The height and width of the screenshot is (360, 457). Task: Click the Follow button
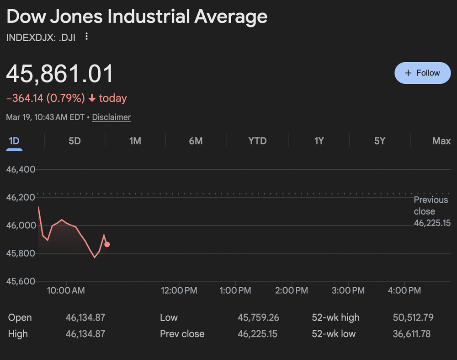pyautogui.click(x=422, y=73)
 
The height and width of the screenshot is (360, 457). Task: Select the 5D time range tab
pyautogui.click(x=74, y=141)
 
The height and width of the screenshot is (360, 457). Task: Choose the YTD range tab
pyautogui.click(x=257, y=141)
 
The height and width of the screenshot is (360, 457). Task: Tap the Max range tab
pyautogui.click(x=441, y=141)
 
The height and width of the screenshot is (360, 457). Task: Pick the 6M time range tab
pyautogui.click(x=196, y=141)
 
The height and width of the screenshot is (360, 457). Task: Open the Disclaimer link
pyautogui.click(x=112, y=117)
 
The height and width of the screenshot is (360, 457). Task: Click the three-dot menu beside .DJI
pyautogui.click(x=87, y=37)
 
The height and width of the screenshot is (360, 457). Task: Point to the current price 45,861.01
pyautogui.click(x=59, y=74)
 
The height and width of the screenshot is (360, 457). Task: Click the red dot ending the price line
pyautogui.click(x=107, y=244)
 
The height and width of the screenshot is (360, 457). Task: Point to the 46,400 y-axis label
pyautogui.click(x=21, y=170)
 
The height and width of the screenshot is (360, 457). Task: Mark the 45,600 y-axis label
pyautogui.click(x=21, y=281)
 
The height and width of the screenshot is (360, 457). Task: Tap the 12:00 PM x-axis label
pyautogui.click(x=179, y=290)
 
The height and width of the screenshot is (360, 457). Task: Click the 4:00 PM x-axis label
pyautogui.click(x=404, y=290)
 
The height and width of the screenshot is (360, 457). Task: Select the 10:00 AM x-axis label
pyautogui.click(x=66, y=290)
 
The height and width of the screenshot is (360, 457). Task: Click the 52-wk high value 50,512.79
pyautogui.click(x=413, y=317)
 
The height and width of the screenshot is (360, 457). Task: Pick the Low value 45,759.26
pyautogui.click(x=258, y=317)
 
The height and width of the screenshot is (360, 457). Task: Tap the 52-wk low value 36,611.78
pyautogui.click(x=412, y=334)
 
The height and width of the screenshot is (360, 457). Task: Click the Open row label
pyautogui.click(x=20, y=317)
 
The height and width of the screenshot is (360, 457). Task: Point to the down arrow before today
pyautogui.click(x=92, y=98)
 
